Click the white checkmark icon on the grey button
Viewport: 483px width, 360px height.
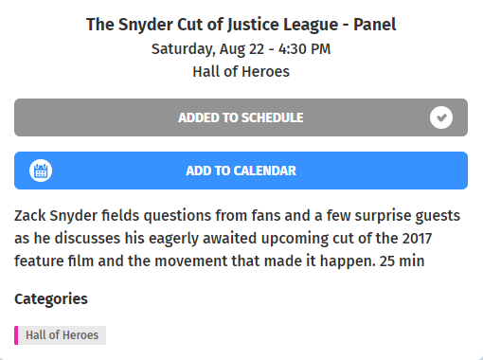[x=440, y=117]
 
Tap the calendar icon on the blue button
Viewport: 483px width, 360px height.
[x=41, y=171]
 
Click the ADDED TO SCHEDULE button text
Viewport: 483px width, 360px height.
[x=241, y=117]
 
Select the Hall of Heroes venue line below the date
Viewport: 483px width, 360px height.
[x=241, y=71]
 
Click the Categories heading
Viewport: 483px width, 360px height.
[x=51, y=299]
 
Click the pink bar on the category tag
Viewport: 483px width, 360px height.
[x=16, y=335]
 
